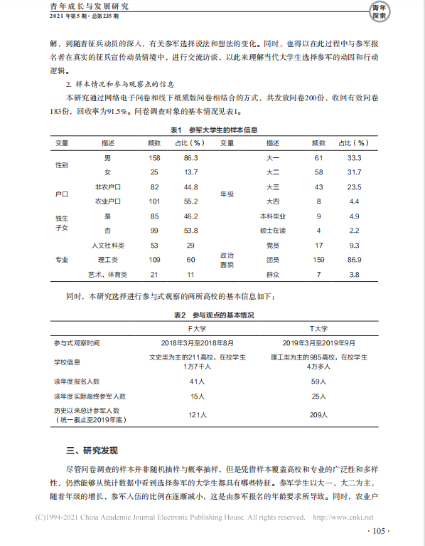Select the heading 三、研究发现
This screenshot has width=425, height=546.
click(92, 451)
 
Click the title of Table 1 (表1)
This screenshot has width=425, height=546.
click(213, 130)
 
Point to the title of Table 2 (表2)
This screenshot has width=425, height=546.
click(214, 315)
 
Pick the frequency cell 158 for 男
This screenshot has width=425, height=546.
click(154, 157)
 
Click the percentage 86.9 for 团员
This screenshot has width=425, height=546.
click(354, 260)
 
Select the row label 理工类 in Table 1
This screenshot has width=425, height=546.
click(107, 260)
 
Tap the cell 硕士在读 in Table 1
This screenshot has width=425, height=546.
click(273, 231)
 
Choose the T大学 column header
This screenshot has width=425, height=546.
click(318, 329)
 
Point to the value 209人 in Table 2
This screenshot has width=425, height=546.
click(318, 414)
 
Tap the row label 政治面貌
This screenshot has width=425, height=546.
click(226, 259)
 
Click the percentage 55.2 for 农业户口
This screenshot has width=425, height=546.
click(190, 201)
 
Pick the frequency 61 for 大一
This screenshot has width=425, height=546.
click(318, 157)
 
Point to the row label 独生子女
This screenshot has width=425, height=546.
click(62, 223)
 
